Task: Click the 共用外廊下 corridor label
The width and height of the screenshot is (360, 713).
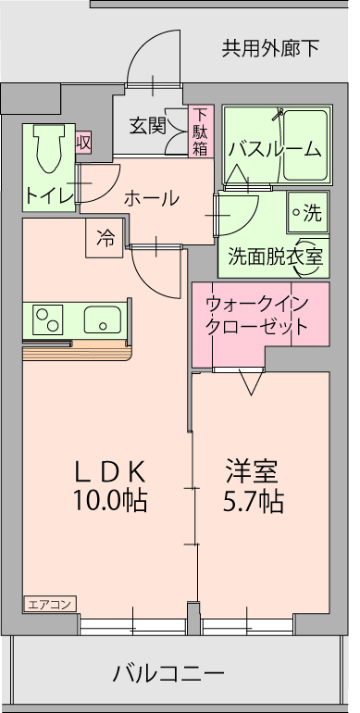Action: (x=270, y=48)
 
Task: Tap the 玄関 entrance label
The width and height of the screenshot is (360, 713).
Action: (x=147, y=126)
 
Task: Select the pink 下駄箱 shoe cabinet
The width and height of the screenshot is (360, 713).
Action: (x=201, y=131)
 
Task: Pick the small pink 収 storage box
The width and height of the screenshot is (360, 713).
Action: (x=83, y=143)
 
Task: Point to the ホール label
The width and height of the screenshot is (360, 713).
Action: (x=152, y=199)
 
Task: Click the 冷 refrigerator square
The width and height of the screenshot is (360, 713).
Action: (x=105, y=238)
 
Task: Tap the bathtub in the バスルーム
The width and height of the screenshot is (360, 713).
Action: (x=305, y=144)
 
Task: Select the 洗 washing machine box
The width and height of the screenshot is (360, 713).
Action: (x=308, y=213)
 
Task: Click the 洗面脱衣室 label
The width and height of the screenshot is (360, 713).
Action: (x=276, y=256)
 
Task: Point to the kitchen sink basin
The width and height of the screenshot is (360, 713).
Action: (x=103, y=320)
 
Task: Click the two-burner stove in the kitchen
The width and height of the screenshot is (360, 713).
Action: (x=47, y=320)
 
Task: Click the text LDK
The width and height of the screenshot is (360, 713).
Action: (x=110, y=471)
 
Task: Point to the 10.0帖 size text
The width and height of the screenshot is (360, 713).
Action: (x=110, y=501)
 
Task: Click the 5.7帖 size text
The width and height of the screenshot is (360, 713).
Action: (x=254, y=501)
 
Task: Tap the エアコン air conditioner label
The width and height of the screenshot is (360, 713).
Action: (x=50, y=605)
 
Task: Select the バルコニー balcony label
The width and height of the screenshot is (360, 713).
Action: (x=168, y=673)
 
